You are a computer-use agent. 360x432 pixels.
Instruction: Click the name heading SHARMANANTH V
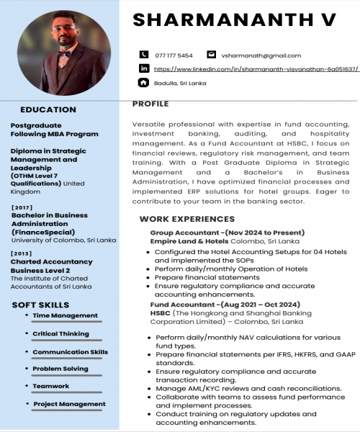pyautogui.click(x=235, y=19)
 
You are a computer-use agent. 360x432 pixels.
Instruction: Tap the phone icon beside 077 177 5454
pyautogui.click(x=143, y=55)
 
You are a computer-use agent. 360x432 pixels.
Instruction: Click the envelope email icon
pyautogui.click(x=211, y=55)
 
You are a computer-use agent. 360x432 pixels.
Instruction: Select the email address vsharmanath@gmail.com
pyautogui.click(x=261, y=55)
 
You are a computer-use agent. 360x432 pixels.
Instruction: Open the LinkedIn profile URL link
pyautogui.click(x=256, y=69)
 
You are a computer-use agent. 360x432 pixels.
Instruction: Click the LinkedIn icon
pyautogui.click(x=143, y=68)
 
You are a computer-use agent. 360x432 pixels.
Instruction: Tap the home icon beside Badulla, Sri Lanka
pyautogui.click(x=143, y=83)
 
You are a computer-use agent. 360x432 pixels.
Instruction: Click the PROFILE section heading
pyautogui.click(x=150, y=104)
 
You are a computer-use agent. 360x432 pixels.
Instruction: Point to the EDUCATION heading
pyautogui.click(x=48, y=110)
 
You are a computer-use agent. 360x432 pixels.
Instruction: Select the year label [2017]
pyautogui.click(x=23, y=207)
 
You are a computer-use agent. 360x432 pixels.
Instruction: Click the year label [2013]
pyautogui.click(x=23, y=253)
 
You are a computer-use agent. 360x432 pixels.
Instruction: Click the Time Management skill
pyautogui.click(x=65, y=315)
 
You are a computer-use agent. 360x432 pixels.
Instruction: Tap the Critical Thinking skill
pyautogui.click(x=60, y=334)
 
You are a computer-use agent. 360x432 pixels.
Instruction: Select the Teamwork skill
pyautogui.click(x=51, y=386)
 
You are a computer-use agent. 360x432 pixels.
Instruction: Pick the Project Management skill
pyautogui.click(x=69, y=404)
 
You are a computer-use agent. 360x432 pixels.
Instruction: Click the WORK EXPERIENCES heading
pyautogui.click(x=186, y=219)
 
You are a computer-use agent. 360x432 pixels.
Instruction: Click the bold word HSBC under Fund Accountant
pyautogui.click(x=160, y=314)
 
